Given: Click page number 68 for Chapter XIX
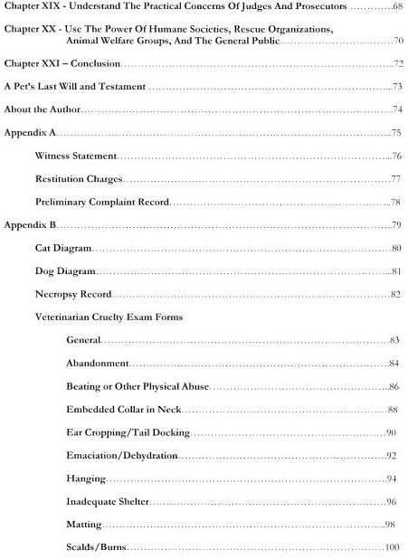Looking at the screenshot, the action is click(x=396, y=7).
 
